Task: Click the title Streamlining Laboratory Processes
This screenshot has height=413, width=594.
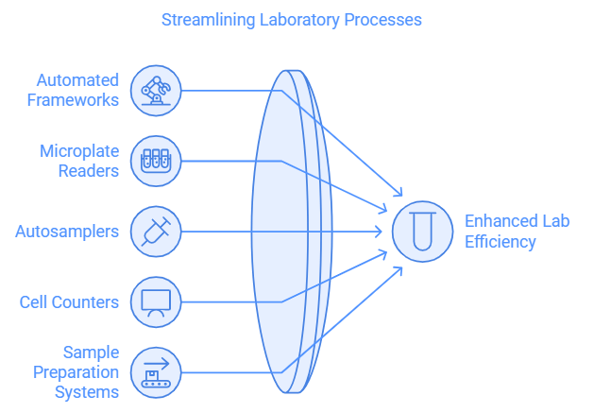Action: [291, 19]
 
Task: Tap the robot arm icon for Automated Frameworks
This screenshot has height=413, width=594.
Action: [155, 91]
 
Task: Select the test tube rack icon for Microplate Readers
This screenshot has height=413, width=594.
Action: [155, 161]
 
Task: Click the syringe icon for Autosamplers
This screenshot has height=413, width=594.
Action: [155, 232]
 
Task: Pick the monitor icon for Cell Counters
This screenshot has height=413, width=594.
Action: [155, 302]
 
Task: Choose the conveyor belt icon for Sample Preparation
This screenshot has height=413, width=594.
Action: [155, 372]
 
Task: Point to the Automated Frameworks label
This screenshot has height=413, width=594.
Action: [73, 91]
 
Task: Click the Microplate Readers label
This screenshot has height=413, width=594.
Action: [79, 161]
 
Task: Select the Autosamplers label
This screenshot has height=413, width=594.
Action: [67, 232]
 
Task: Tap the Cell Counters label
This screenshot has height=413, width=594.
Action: [69, 302]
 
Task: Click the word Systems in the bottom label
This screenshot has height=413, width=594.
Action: [86, 391]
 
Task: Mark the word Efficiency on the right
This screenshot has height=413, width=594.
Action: [500, 242]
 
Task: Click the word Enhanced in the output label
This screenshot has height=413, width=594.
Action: [500, 221]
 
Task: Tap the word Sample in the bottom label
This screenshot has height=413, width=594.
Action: [91, 353]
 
